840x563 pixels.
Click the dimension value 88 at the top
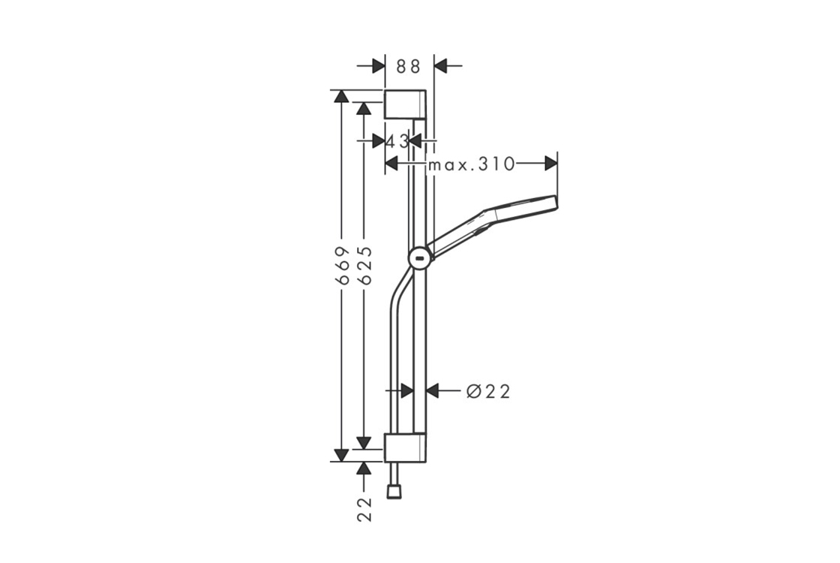tap(408, 66)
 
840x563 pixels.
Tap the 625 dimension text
tap(364, 265)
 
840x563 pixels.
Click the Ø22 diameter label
tap(488, 391)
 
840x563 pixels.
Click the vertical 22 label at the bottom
tap(364, 509)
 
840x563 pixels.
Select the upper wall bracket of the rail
tap(406, 104)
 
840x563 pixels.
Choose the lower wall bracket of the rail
tap(406, 447)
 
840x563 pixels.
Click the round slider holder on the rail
tap(421, 260)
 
